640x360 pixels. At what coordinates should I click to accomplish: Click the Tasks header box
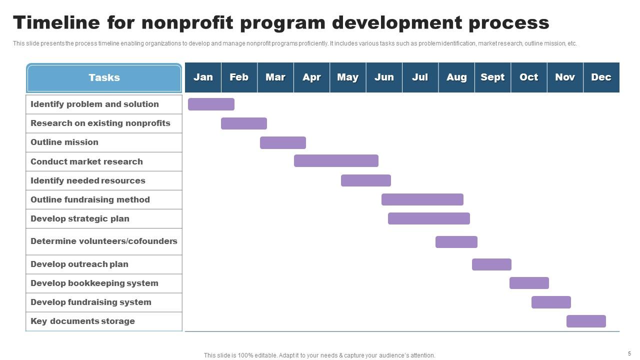(x=104, y=78)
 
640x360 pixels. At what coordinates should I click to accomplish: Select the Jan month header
(x=203, y=77)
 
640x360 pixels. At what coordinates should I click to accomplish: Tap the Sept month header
(x=492, y=77)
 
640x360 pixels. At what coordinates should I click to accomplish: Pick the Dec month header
(x=601, y=77)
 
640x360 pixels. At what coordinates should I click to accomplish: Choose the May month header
(x=347, y=77)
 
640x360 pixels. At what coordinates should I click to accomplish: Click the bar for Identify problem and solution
(x=211, y=104)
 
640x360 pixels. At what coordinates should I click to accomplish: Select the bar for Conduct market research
(x=336, y=160)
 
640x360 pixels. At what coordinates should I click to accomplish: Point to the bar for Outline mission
(x=282, y=142)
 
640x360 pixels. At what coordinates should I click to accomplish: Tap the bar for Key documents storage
(x=586, y=321)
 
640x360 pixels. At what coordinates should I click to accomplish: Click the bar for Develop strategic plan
(x=428, y=218)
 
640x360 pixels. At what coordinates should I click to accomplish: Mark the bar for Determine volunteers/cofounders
(x=456, y=242)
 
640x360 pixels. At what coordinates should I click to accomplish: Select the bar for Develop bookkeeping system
(x=529, y=283)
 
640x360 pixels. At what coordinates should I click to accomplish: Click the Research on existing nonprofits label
(x=100, y=123)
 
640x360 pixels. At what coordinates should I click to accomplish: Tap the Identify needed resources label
(x=88, y=180)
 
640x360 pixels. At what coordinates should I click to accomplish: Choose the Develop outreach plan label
(x=79, y=264)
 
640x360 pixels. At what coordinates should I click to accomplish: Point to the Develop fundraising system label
(x=91, y=302)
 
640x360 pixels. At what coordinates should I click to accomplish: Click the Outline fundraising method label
(x=90, y=199)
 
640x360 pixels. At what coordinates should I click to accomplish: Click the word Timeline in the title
(x=56, y=23)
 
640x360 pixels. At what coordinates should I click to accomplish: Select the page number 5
(x=629, y=353)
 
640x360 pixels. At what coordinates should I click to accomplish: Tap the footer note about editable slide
(x=319, y=355)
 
